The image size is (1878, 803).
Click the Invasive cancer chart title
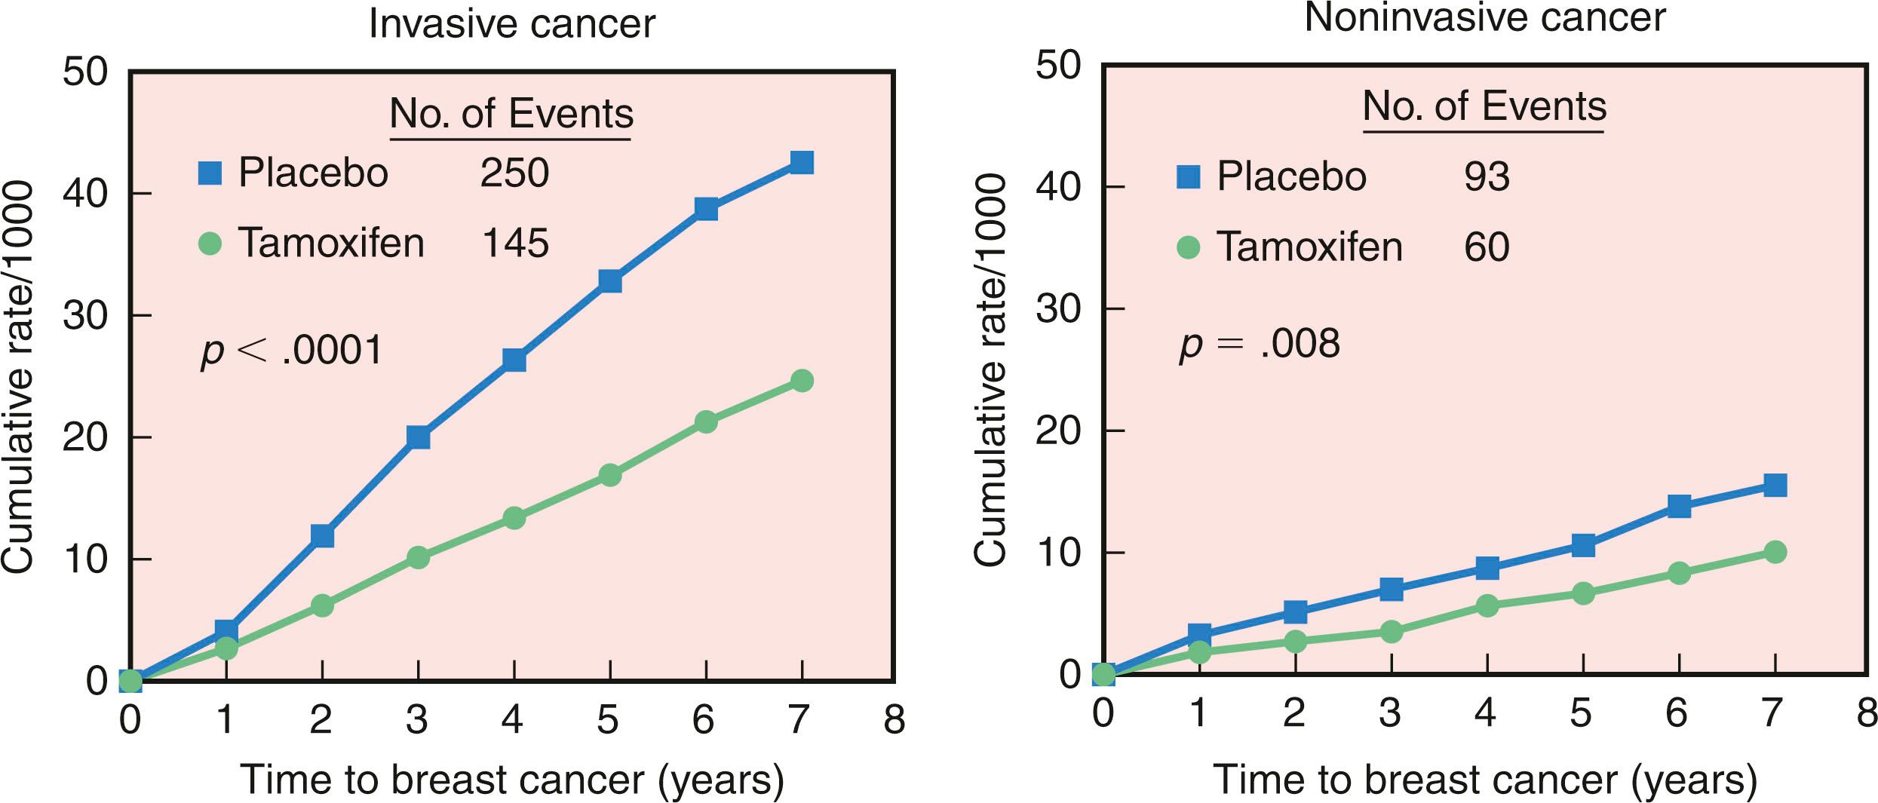tap(511, 23)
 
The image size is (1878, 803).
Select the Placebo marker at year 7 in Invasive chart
tap(801, 163)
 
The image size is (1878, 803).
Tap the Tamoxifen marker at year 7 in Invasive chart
tap(802, 381)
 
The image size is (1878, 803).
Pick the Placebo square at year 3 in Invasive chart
tap(418, 437)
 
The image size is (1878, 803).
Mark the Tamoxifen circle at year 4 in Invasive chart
tap(514, 518)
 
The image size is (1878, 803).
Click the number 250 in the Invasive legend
tap(514, 173)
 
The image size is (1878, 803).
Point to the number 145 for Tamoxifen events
tap(514, 243)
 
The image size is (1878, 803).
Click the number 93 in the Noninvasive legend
tap(1487, 176)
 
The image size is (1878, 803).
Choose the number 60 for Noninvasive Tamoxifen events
tap(1487, 247)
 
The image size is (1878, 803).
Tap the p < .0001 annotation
tap(292, 351)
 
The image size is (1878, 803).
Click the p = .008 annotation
tap(1260, 345)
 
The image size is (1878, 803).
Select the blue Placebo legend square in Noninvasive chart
tap(1188, 177)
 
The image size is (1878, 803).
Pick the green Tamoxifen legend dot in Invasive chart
tap(210, 244)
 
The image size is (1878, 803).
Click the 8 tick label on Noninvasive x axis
tap(1866, 712)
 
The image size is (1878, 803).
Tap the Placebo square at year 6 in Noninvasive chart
tap(1679, 506)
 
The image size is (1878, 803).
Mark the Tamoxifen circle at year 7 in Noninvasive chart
tap(1775, 553)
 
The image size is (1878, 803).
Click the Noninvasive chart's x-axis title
tap(1484, 780)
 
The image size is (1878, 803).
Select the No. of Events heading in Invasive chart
tap(511, 115)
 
